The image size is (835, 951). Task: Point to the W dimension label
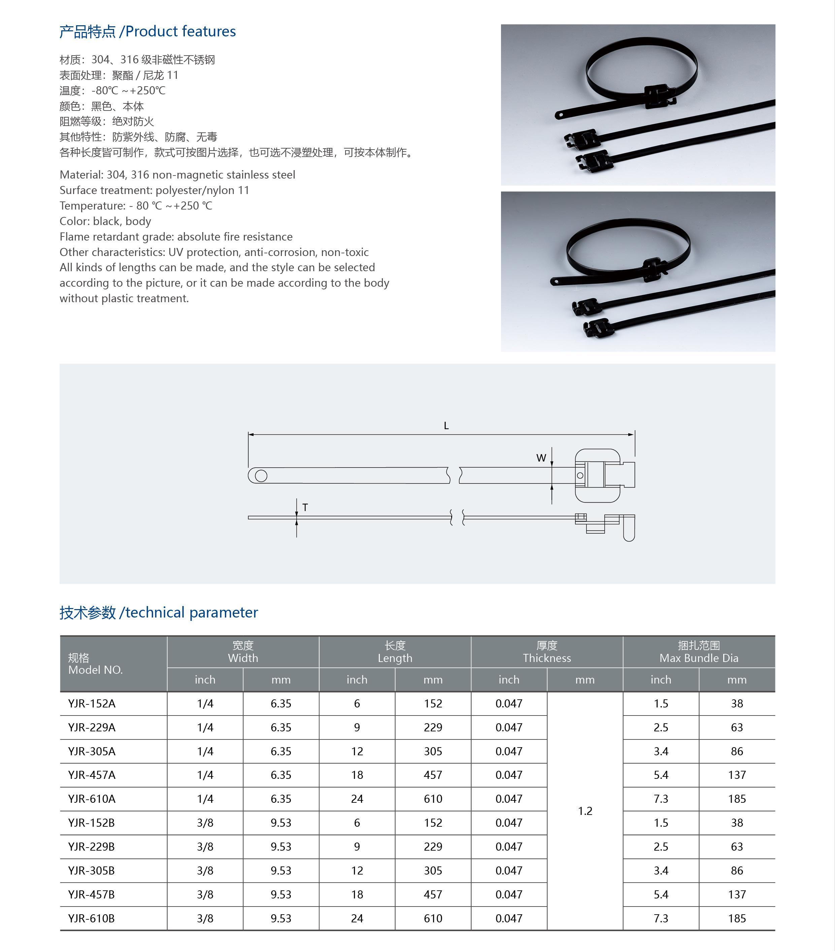coord(541,458)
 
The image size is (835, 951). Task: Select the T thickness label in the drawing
coord(305,507)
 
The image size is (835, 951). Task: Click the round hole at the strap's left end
coord(261,476)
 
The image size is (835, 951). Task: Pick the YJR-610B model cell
coord(91,918)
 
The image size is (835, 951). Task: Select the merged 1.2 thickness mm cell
coord(585,811)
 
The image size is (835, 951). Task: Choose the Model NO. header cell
coord(95,664)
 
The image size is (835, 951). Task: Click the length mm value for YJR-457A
coord(433,775)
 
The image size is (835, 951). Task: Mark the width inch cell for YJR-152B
coord(205,823)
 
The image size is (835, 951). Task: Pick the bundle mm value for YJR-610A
coord(737,799)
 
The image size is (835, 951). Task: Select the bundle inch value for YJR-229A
coord(661,728)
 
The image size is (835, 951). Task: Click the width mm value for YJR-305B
coord(281,870)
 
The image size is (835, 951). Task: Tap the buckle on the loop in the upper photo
coord(658,96)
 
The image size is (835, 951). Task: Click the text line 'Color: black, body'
coord(105,221)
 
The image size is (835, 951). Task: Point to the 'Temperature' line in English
coord(136,205)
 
